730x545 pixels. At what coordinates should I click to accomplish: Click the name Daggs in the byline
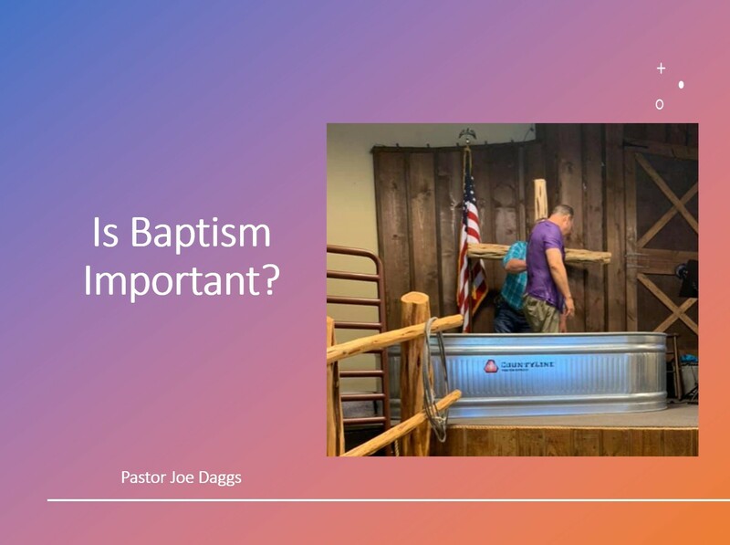click(220, 477)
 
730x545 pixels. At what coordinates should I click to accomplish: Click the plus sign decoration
click(661, 68)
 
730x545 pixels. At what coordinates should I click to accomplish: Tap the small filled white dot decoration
click(681, 85)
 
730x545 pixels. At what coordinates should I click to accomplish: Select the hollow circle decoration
click(659, 105)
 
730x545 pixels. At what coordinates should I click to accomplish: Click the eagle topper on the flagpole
click(467, 137)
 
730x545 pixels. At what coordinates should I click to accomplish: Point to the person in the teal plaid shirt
click(514, 278)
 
